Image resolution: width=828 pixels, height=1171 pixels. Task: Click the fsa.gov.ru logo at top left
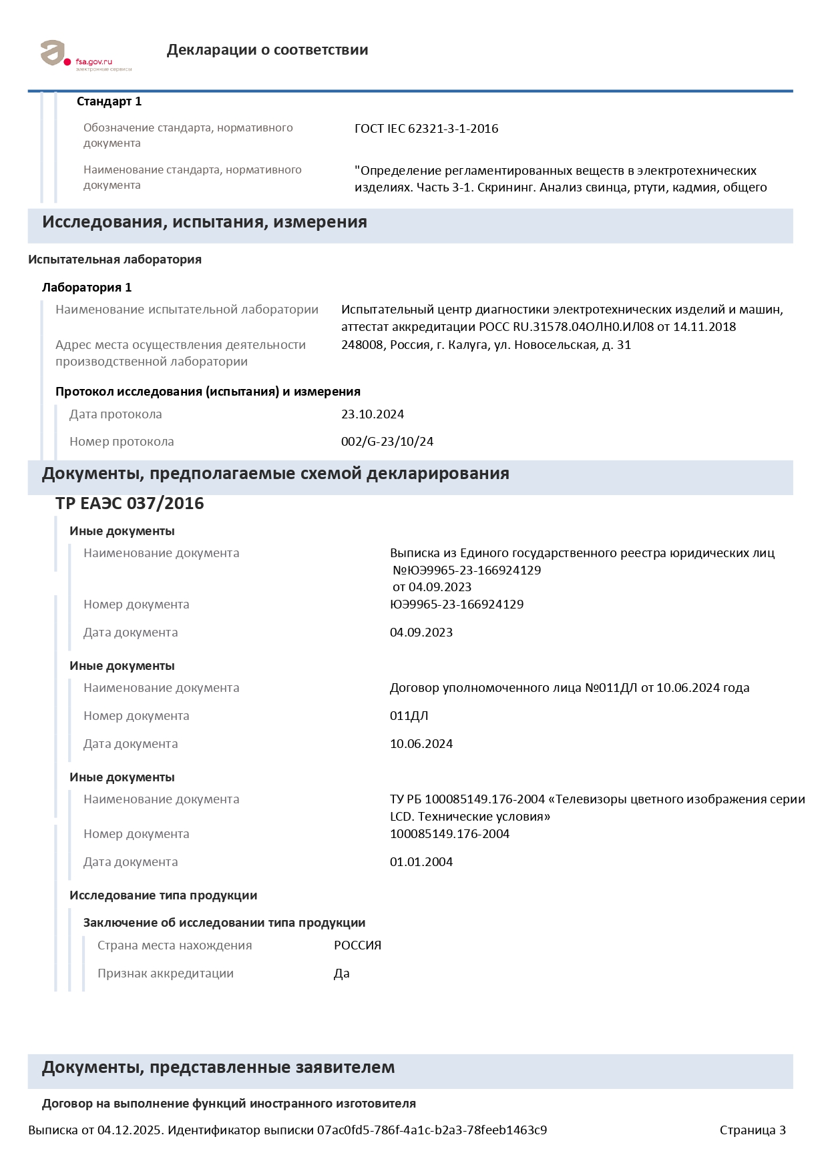pos(85,55)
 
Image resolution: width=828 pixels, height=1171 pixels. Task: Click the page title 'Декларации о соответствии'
pos(267,50)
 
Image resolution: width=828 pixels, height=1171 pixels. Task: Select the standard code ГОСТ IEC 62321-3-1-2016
pos(426,129)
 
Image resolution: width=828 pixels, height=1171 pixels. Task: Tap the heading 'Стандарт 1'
pos(109,101)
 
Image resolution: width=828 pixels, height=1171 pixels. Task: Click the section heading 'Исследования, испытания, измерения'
pos(204,222)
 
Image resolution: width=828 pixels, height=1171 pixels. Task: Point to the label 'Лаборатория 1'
pos(87,288)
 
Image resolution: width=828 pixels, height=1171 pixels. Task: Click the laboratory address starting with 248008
pos(485,345)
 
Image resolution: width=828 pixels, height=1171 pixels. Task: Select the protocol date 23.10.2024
pos(372,414)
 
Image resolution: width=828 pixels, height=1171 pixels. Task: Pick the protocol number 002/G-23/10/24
pos(387,442)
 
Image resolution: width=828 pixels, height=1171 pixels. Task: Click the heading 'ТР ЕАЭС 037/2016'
pos(130,503)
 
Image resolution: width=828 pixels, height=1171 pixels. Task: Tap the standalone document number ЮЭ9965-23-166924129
pos(456,605)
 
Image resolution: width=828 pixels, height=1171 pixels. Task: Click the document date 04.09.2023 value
pos(421,633)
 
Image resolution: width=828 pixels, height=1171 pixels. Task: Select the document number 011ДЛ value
pos(409,716)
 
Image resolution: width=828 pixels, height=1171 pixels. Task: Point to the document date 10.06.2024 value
pos(421,744)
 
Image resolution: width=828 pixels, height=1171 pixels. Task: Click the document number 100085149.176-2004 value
pos(449,834)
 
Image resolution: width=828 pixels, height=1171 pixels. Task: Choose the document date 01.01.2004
pos(421,862)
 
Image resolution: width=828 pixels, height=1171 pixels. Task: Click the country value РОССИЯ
pos(357,945)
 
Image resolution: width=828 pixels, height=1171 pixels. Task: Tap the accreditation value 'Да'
pos(341,973)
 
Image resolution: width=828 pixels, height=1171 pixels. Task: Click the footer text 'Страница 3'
pos(752,1130)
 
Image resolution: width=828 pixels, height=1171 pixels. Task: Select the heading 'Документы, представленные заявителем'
pos(218,1068)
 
